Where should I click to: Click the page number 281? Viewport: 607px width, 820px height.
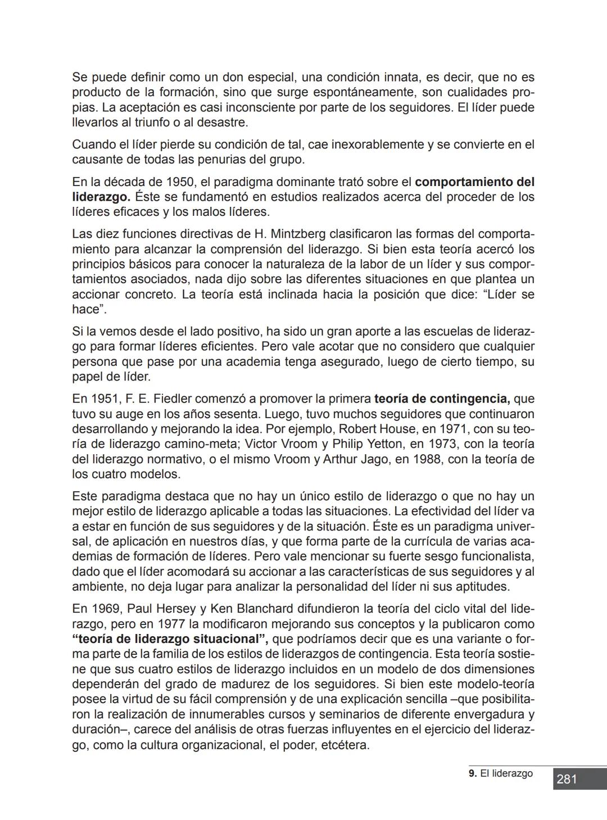click(x=567, y=779)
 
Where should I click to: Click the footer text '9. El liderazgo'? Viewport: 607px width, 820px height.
click(x=500, y=773)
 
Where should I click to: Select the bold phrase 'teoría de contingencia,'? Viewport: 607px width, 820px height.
click(x=442, y=399)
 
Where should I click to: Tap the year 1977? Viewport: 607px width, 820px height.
click(x=172, y=624)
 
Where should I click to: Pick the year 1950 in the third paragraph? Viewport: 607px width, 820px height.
click(x=181, y=183)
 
